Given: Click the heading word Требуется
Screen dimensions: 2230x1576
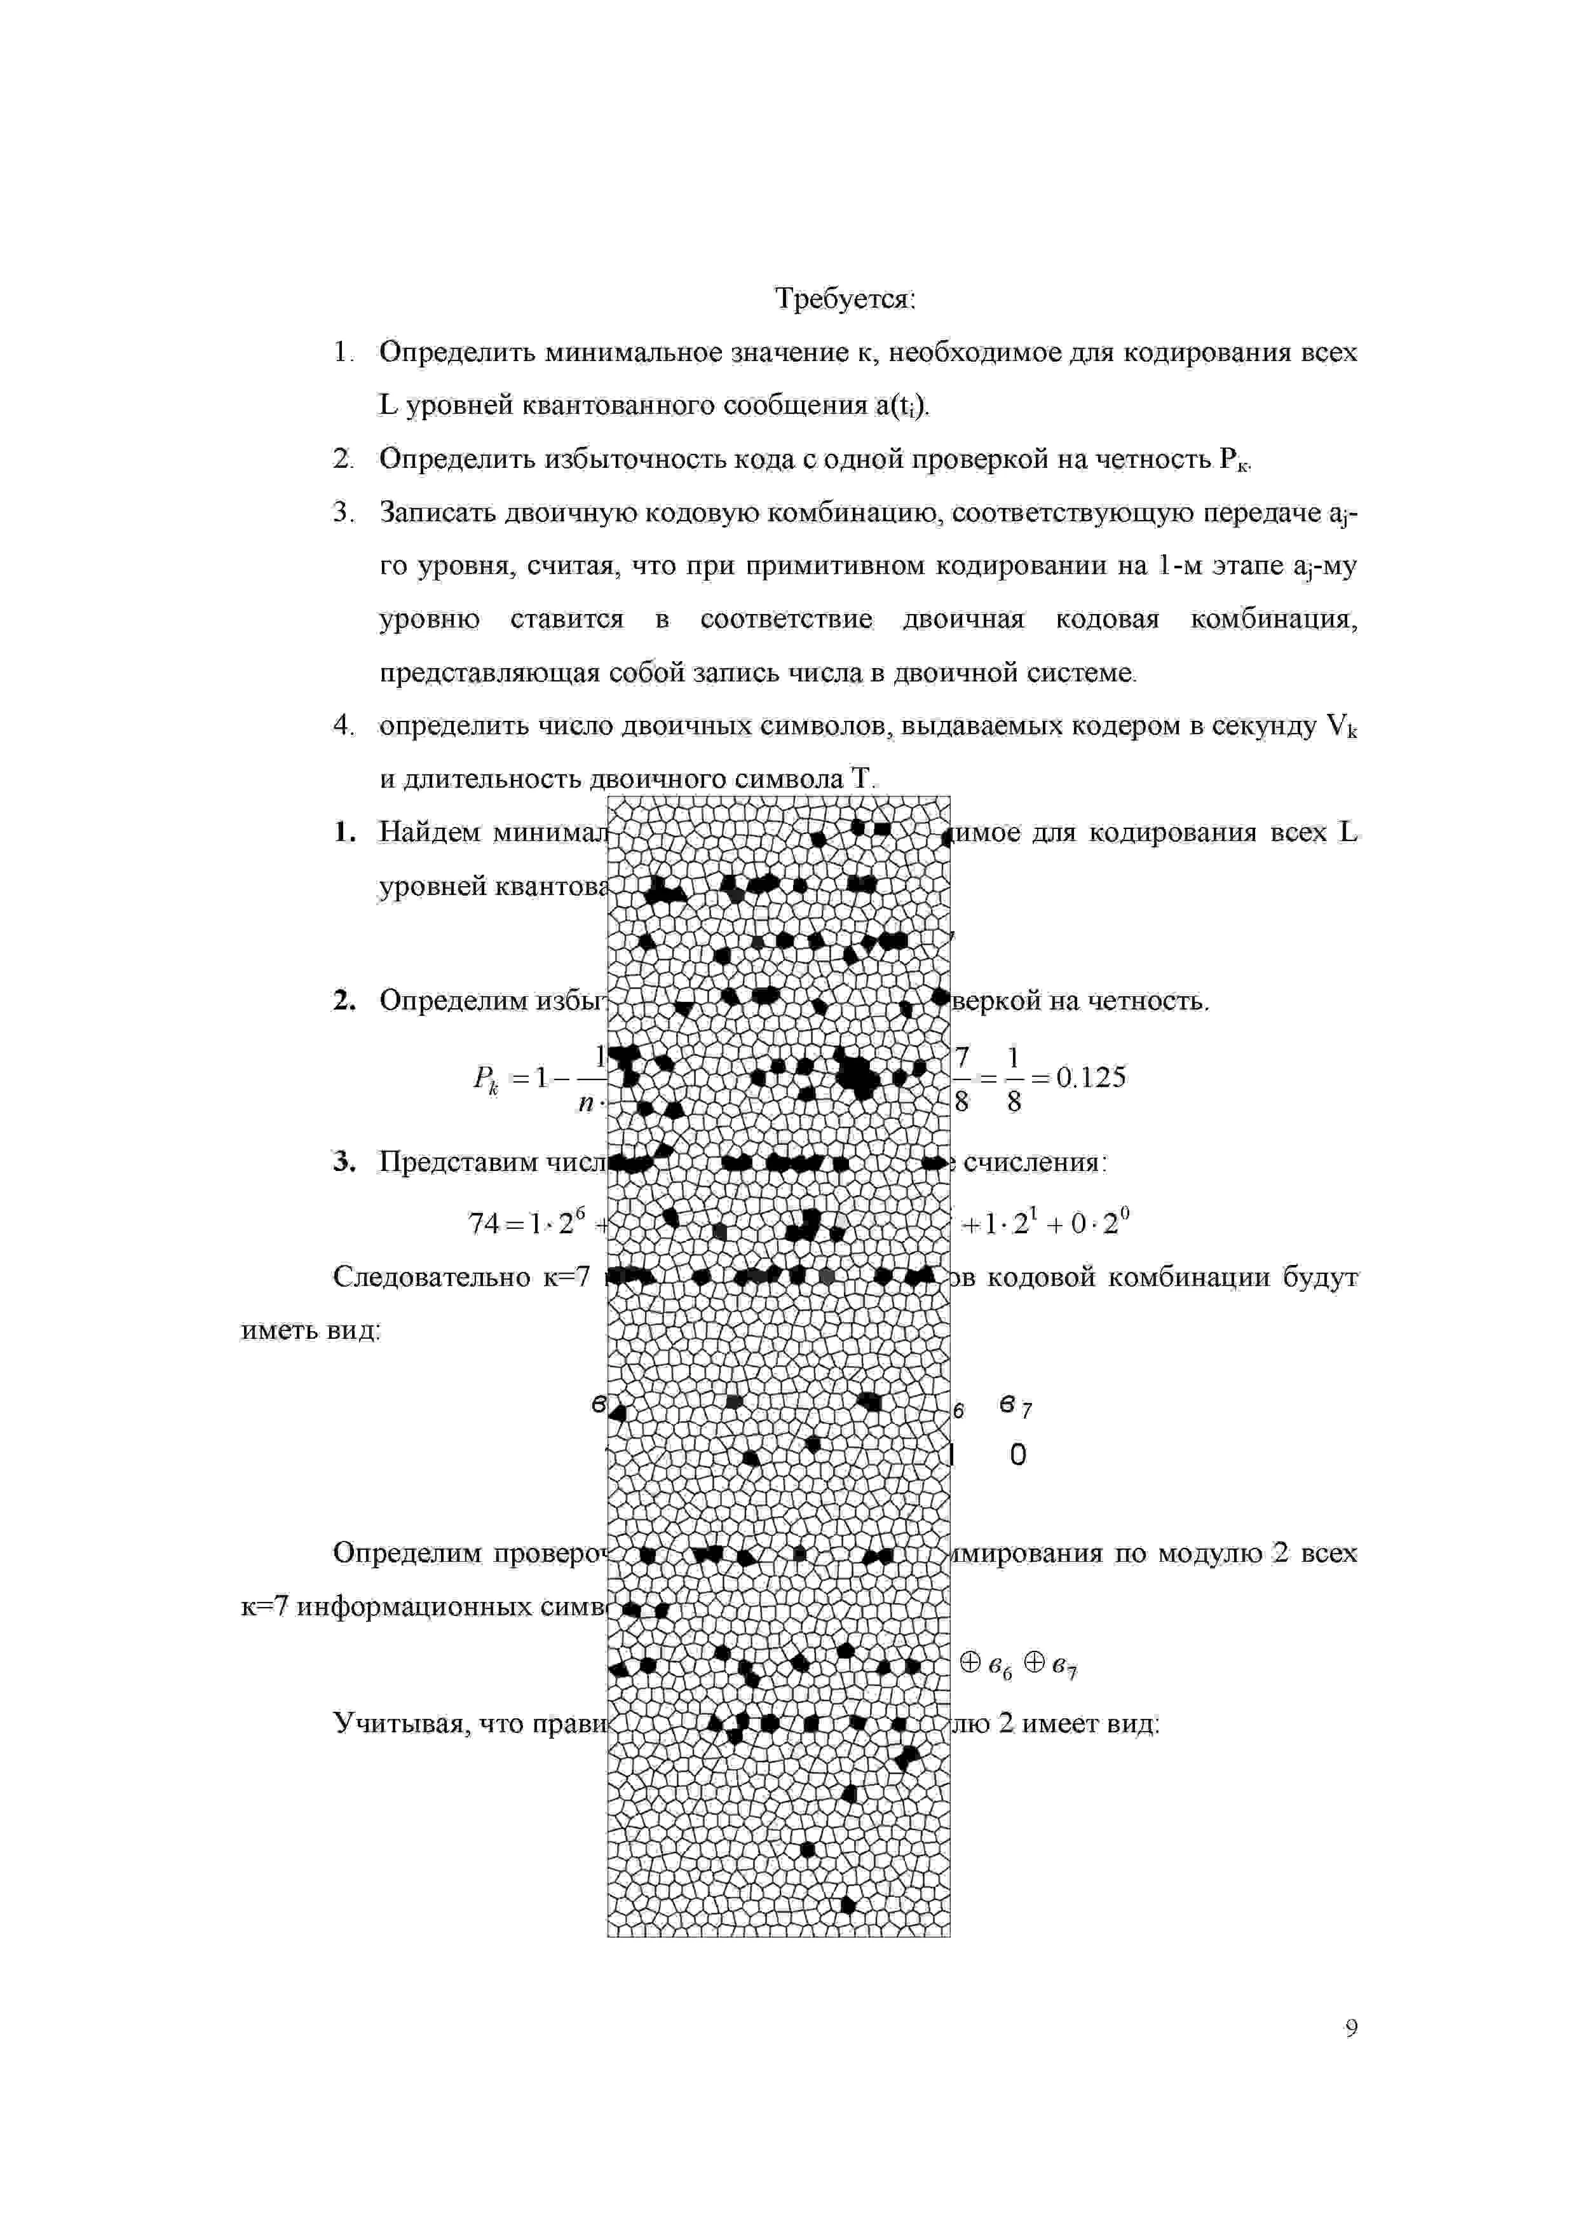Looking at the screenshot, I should pyautogui.click(x=844, y=299).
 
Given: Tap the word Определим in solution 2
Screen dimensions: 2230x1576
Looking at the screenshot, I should pyautogui.click(x=452, y=1001).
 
